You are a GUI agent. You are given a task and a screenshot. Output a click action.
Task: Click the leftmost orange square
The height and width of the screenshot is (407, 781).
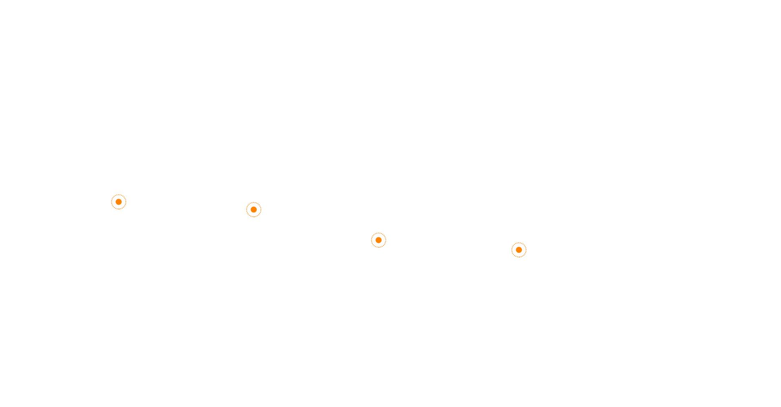pos(119,202)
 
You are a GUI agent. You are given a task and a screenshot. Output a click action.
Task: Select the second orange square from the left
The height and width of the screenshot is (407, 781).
pos(254,209)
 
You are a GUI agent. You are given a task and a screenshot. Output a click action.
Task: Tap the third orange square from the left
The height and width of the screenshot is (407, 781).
pos(379,240)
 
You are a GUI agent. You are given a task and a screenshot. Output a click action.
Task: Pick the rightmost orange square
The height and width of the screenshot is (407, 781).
pos(519,250)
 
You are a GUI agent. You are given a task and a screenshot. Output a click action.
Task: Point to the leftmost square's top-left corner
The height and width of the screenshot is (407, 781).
pos(111,194)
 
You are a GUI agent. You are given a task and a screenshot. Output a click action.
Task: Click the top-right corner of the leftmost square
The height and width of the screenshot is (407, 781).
pos(127,194)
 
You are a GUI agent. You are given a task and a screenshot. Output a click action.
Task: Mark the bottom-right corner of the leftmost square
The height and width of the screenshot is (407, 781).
pos(127,210)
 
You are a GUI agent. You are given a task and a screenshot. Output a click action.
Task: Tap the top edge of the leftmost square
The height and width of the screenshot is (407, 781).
pos(119,194)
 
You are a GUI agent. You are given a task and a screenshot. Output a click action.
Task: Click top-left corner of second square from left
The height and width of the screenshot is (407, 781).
pos(246,201)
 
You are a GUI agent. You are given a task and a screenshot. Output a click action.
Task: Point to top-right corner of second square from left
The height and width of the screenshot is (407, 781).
pos(262,201)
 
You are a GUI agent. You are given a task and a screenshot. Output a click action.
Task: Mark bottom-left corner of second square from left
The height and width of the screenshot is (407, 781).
pos(246,217)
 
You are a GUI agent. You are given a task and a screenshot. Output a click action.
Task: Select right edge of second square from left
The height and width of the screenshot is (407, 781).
pos(262,209)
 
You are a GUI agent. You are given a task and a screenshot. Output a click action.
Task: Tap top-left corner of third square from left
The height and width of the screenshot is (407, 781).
pos(371,232)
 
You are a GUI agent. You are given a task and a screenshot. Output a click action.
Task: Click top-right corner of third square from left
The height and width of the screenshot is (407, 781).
pos(386,232)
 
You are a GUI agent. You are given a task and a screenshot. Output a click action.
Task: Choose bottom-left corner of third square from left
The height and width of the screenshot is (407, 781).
pos(371,248)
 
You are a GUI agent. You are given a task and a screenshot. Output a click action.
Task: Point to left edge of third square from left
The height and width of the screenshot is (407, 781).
pos(371,240)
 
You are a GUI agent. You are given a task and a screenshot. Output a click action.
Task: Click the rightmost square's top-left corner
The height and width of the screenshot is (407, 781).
pos(511,242)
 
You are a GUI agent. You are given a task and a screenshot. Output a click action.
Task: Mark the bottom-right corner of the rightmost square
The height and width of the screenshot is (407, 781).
pos(527,258)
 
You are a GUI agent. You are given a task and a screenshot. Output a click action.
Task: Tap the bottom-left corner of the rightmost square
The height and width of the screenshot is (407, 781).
pos(511,258)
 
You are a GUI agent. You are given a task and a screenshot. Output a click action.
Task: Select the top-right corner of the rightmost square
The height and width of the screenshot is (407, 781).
pos(527,242)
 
